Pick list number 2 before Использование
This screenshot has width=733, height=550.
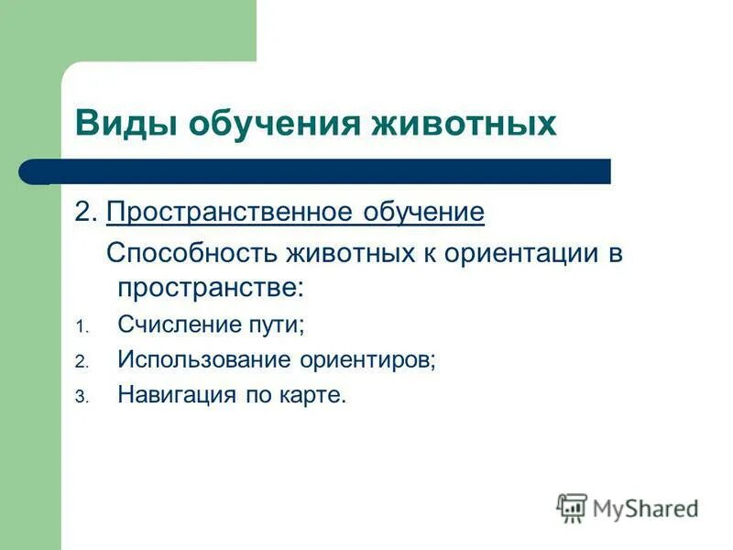pyautogui.click(x=81, y=363)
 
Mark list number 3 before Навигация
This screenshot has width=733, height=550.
pyautogui.click(x=81, y=398)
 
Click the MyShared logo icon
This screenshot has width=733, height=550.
pyautogui.click(x=572, y=507)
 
